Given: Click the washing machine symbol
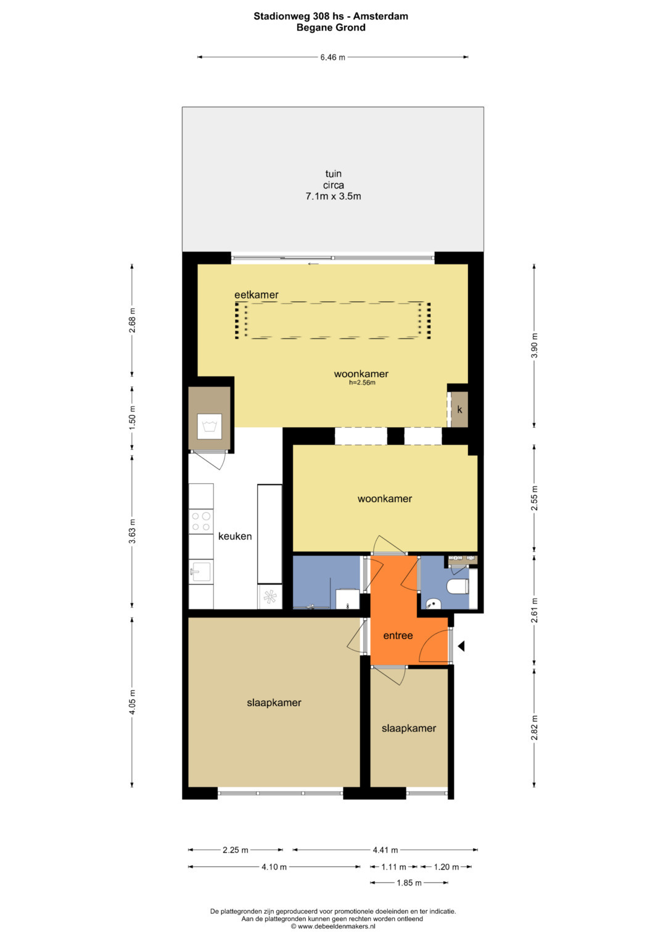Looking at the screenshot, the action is click(x=209, y=426).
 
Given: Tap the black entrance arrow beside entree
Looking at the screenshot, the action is click(x=461, y=646).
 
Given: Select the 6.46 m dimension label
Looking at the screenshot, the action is click(x=332, y=57).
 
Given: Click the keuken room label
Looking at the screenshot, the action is click(x=234, y=536).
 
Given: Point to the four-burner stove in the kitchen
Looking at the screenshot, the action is click(x=201, y=521).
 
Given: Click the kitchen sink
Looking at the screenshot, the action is click(x=201, y=571).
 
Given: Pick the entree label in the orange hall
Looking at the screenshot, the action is click(x=398, y=635).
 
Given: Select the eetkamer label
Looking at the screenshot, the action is click(x=257, y=295).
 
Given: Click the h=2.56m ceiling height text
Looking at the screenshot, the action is click(x=362, y=383).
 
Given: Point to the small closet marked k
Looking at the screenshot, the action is click(x=459, y=410).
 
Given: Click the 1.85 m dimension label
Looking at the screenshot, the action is click(x=409, y=883).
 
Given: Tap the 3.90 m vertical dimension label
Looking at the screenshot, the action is click(x=535, y=345).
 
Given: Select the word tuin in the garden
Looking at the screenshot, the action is click(x=334, y=174).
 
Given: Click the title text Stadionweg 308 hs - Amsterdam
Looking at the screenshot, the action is click(x=331, y=16).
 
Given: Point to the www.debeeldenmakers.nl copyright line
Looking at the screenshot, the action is click(x=333, y=926).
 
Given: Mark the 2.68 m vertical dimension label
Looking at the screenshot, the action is click(x=133, y=320).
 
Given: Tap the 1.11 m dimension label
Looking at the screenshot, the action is click(x=393, y=866).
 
